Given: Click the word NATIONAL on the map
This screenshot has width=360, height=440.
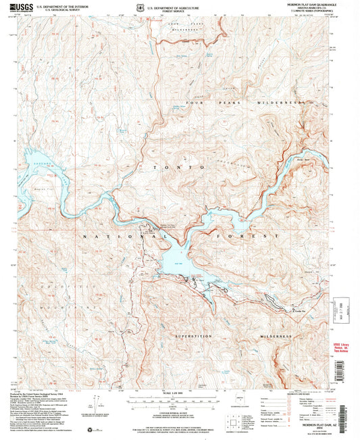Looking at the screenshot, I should [x=106, y=237].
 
